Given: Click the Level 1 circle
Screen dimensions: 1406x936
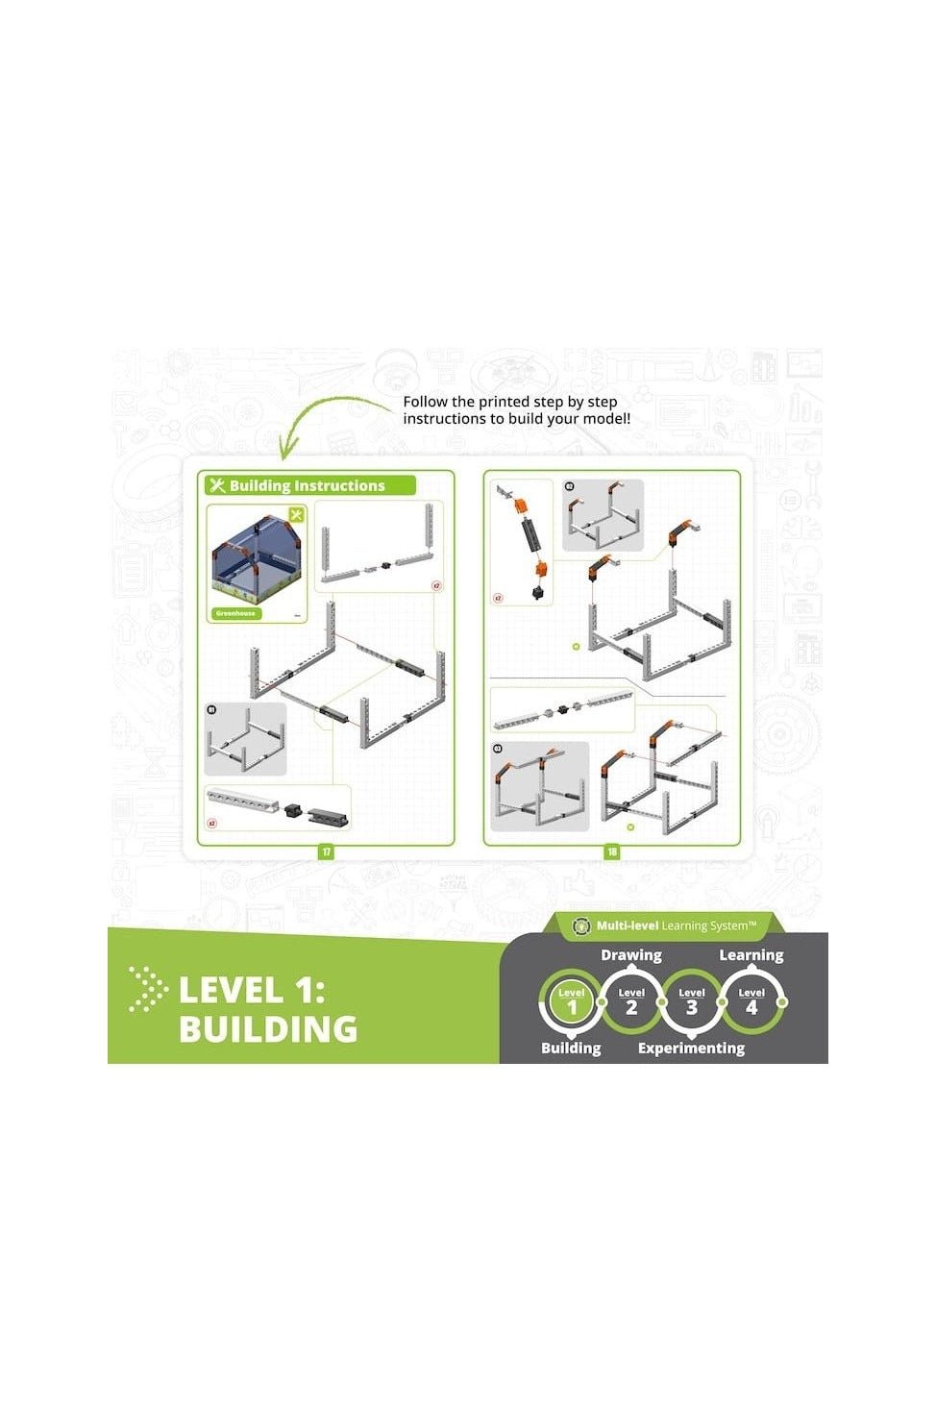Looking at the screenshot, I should (572, 1001).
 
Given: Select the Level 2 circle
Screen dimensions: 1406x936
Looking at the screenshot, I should (631, 1001).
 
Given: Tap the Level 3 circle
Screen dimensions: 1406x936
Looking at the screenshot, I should (692, 1001).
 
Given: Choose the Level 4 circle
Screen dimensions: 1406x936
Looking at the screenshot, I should (751, 1001).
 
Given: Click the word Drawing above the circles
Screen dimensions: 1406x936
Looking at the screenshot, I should (631, 955).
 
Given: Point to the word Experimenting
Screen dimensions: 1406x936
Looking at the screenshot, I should (691, 1048).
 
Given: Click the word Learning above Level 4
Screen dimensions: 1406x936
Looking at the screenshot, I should (751, 955).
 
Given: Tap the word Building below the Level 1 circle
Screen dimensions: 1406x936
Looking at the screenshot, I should (571, 1048).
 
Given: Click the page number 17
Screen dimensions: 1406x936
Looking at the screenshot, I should (327, 851).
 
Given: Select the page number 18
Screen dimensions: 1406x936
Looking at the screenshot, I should (612, 851).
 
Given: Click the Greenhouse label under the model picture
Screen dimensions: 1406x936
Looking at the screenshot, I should (235, 613).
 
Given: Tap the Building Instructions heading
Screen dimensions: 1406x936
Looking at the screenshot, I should (307, 486).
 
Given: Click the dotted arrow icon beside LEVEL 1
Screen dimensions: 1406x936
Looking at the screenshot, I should (147, 990).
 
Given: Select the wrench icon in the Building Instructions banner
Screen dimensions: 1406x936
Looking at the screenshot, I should (217, 485).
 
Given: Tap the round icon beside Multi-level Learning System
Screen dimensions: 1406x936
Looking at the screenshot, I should (580, 926).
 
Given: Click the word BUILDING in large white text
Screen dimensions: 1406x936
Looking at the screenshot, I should (268, 1029).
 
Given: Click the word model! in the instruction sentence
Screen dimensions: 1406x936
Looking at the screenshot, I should (606, 419).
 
